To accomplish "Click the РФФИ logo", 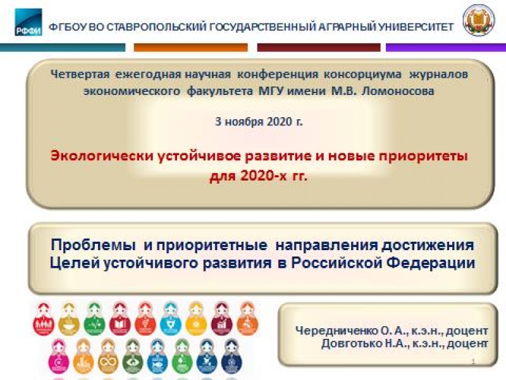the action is coord(28,22).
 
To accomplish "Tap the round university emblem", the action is coord(479,20).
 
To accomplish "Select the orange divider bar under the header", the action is coord(191,47).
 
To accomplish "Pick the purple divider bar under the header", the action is coord(446,47).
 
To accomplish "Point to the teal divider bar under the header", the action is coord(63,47).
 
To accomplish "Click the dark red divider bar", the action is coord(319,47).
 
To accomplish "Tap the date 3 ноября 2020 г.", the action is coord(259,122).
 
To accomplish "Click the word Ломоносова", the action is coord(398,91).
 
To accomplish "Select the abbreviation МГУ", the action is coord(271,91).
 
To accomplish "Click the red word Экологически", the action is coord(102,156).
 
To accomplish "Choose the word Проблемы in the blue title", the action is coord(94,245).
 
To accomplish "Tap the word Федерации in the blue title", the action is coord(431,262).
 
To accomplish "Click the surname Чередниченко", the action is coord(336,331).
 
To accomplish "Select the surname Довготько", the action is coord(352,343).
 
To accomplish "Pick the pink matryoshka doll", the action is coord(58,356).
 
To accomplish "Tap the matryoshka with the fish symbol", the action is coord(157,356).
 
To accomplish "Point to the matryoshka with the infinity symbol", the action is coord(108,356).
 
